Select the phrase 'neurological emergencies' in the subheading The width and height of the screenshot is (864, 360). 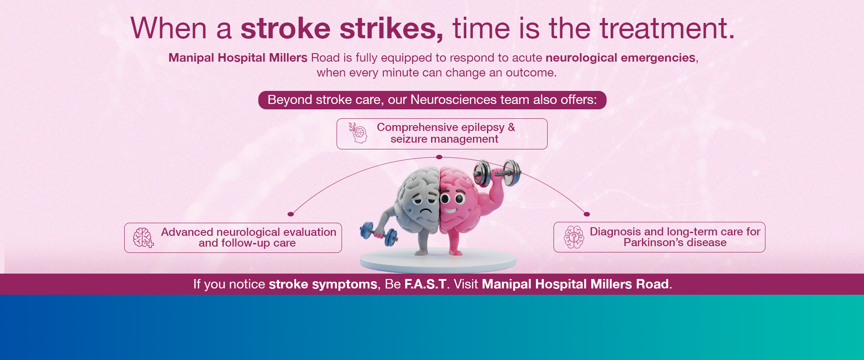(621, 58)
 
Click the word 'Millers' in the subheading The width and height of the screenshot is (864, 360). (288, 58)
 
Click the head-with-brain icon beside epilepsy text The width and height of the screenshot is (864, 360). (358, 133)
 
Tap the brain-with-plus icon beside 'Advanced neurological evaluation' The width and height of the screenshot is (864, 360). (143, 238)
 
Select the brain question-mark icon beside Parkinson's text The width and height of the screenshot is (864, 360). (574, 237)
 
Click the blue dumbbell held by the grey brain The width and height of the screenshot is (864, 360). (378, 233)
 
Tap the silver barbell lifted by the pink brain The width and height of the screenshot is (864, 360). (497, 173)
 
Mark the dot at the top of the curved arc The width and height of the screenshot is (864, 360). (439, 157)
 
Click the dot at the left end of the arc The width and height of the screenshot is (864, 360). (291, 214)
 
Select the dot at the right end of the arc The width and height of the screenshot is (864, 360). (586, 214)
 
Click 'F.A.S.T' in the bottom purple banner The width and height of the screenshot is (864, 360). (425, 284)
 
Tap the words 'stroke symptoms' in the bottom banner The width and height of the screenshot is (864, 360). (323, 284)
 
